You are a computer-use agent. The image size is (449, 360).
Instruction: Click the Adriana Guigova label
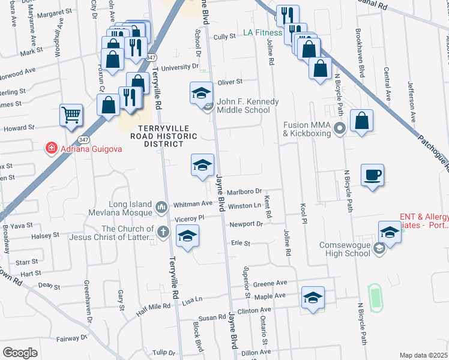pyautogui.click(x=82, y=148)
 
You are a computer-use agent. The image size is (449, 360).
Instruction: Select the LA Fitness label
pyautogui.click(x=262, y=33)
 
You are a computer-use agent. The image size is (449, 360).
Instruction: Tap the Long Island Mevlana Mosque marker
pyautogui.click(x=161, y=208)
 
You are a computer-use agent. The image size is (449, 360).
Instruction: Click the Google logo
pyautogui.click(x=20, y=352)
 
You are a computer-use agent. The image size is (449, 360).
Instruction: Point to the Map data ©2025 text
pyautogui.click(x=423, y=355)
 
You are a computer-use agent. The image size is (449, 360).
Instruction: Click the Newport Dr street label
pyautogui.click(x=246, y=224)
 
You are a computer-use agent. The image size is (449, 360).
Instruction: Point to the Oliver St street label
pyautogui.click(x=229, y=82)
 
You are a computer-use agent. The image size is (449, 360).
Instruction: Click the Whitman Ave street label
pyautogui.click(x=189, y=205)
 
